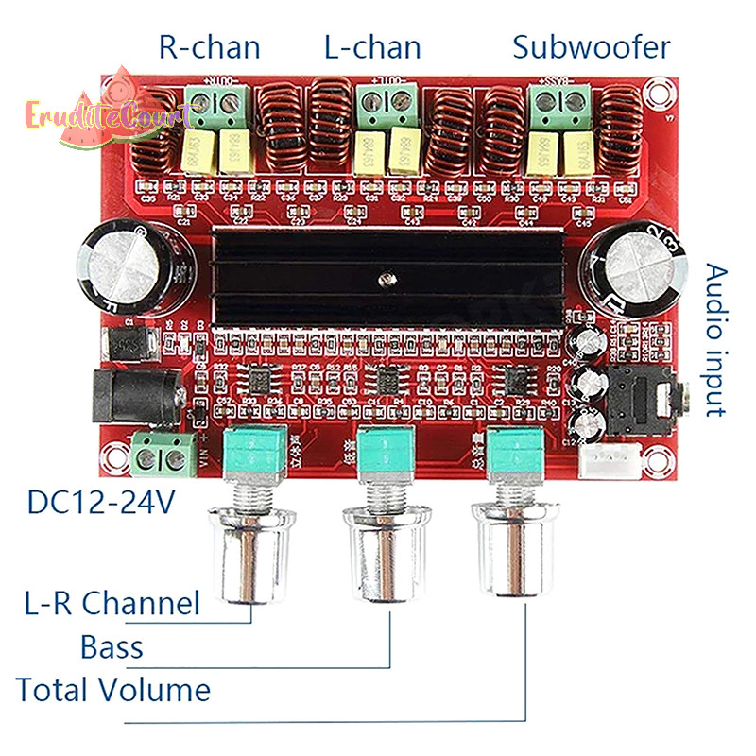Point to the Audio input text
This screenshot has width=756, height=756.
pos(717,339)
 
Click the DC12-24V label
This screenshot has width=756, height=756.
pos(101,503)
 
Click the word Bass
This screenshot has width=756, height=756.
pos(112,647)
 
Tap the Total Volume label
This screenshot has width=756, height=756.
pos(112,689)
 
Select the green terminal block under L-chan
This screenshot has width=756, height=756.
pos(387,101)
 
